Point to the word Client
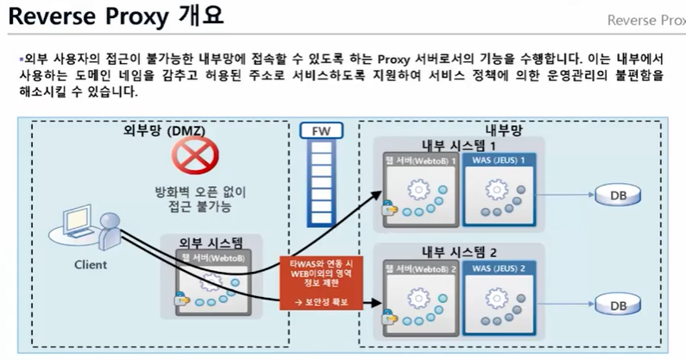(90, 264)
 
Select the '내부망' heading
(506, 130)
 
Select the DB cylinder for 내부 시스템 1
(617, 196)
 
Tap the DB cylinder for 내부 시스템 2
(617, 304)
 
